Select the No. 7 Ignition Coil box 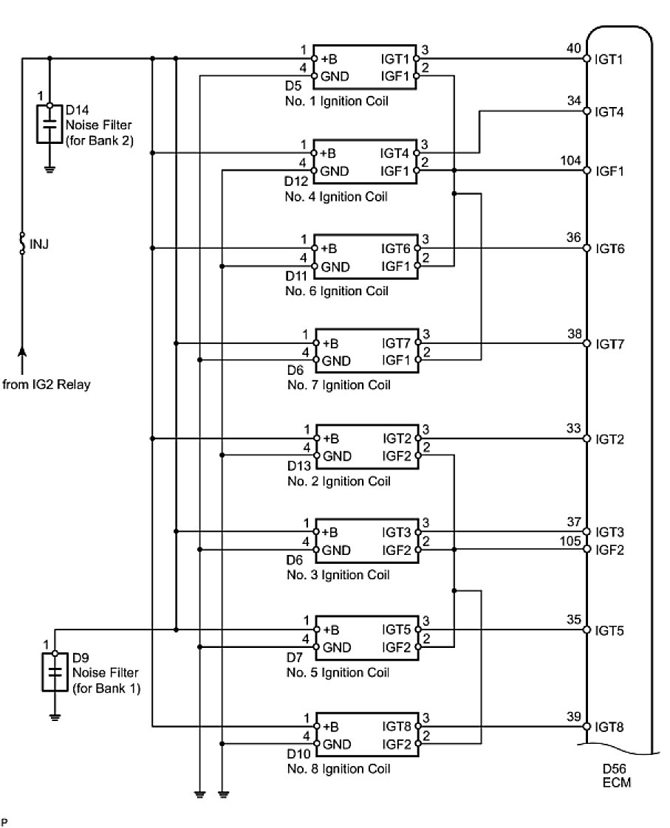366,351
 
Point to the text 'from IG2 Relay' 47,384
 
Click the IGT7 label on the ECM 610,344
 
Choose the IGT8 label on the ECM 610,728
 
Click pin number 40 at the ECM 573,49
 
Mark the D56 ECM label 616,774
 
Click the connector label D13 297,468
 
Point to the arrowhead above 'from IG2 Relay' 22,353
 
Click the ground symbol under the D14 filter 49,168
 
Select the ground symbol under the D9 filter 55,714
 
